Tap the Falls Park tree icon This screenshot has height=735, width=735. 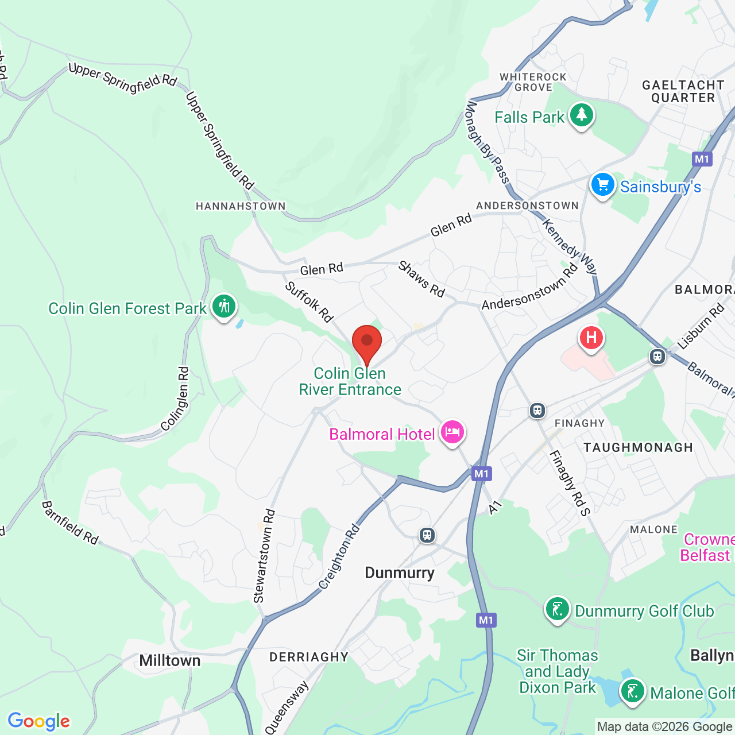pyautogui.click(x=581, y=115)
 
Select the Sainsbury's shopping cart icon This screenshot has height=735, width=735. pyautogui.click(x=602, y=185)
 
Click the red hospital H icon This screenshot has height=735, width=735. pyautogui.click(x=591, y=338)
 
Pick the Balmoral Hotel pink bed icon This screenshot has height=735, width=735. pyautogui.click(x=452, y=432)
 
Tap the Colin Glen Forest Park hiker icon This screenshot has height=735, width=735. pyautogui.click(x=224, y=307)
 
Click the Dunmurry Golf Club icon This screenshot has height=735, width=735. pyautogui.click(x=557, y=610)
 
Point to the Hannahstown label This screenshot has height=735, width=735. pyautogui.click(x=241, y=206)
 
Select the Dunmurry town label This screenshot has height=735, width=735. pyautogui.click(x=400, y=573)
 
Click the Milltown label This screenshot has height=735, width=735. pyautogui.click(x=170, y=661)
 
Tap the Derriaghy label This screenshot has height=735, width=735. pyautogui.click(x=309, y=657)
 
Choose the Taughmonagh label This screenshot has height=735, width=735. pyautogui.click(x=638, y=447)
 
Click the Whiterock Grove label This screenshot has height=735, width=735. pyautogui.click(x=533, y=82)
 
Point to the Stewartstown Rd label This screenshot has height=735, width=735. pyautogui.click(x=264, y=556)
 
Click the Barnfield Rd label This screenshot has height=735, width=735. pyautogui.click(x=70, y=523)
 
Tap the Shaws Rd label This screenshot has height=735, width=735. pyautogui.click(x=421, y=279)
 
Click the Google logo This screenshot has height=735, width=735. pyautogui.click(x=39, y=721)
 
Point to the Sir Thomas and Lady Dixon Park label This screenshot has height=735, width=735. pyautogui.click(x=557, y=671)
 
